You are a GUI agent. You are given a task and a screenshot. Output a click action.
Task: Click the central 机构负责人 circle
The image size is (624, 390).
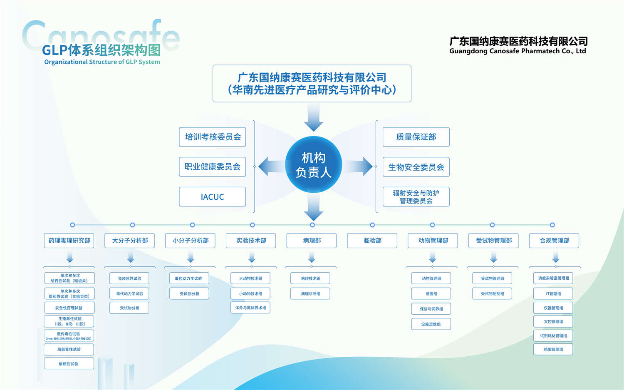tap(313, 165)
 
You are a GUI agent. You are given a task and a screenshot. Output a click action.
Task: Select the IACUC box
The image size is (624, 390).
tap(212, 197)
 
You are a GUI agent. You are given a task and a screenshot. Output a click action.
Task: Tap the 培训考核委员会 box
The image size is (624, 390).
tap(212, 137)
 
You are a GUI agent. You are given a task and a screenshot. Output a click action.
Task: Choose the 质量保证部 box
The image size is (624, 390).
tap(416, 137)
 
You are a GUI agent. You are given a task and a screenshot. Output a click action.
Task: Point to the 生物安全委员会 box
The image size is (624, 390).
tap(416, 167)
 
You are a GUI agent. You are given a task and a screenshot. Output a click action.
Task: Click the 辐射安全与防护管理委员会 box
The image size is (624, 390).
tap(416, 197)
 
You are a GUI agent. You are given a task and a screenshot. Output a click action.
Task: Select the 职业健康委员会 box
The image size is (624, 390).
tap(212, 167)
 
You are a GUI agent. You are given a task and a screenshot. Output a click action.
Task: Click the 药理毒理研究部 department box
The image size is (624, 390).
tap(69, 241)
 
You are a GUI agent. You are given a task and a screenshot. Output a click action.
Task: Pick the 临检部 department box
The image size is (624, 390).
tap(372, 241)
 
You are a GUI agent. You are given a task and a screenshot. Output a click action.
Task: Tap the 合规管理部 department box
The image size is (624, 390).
tap(554, 241)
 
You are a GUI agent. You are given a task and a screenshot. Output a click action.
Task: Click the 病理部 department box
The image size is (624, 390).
tap(312, 241)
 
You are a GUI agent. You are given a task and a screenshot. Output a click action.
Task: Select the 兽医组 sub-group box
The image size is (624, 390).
tap(431, 294)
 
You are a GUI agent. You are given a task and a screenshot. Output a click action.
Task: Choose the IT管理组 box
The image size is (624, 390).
tap(553, 294)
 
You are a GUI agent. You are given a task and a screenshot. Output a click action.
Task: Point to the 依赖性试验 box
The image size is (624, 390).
tap(69, 364)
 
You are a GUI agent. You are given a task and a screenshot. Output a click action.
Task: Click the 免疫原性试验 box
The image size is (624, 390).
tap(129, 278)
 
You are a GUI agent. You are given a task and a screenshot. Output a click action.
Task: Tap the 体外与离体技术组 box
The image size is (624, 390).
tap(250, 308)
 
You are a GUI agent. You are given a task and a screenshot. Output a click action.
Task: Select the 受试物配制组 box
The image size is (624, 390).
tap(492, 294)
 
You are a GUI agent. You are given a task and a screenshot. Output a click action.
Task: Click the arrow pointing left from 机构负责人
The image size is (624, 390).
tap(270, 166)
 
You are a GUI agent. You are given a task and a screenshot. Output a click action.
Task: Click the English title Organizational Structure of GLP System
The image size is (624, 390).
tap(102, 62)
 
